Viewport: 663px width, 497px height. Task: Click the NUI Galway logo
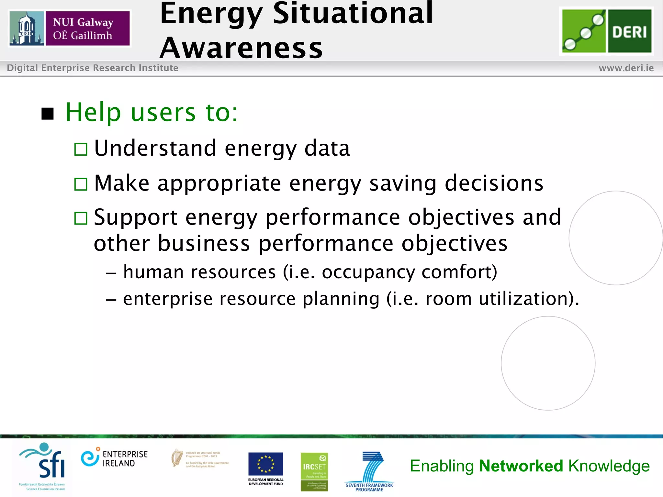click(x=70, y=28)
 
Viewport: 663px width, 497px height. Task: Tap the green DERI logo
click(x=606, y=31)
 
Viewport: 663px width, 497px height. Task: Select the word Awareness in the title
click(x=241, y=48)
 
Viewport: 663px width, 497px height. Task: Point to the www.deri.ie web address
click(x=626, y=68)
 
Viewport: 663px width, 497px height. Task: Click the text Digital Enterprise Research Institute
click(x=93, y=68)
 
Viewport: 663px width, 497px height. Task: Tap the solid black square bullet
click(x=48, y=114)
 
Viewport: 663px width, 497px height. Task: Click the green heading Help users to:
click(x=152, y=112)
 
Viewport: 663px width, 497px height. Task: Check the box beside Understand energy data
click(x=81, y=149)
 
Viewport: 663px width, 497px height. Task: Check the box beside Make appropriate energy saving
click(x=81, y=184)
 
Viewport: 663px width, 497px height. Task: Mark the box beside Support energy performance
click(x=81, y=218)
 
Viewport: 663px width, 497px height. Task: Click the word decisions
click(x=494, y=183)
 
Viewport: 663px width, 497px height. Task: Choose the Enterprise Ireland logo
click(x=114, y=458)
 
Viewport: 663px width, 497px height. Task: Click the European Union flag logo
click(x=265, y=464)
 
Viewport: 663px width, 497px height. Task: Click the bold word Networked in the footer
click(x=521, y=466)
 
